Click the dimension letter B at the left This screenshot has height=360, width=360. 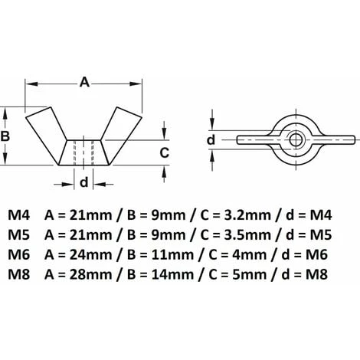8,136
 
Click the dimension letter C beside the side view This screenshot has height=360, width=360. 164,152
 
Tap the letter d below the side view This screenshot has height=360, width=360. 84,182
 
